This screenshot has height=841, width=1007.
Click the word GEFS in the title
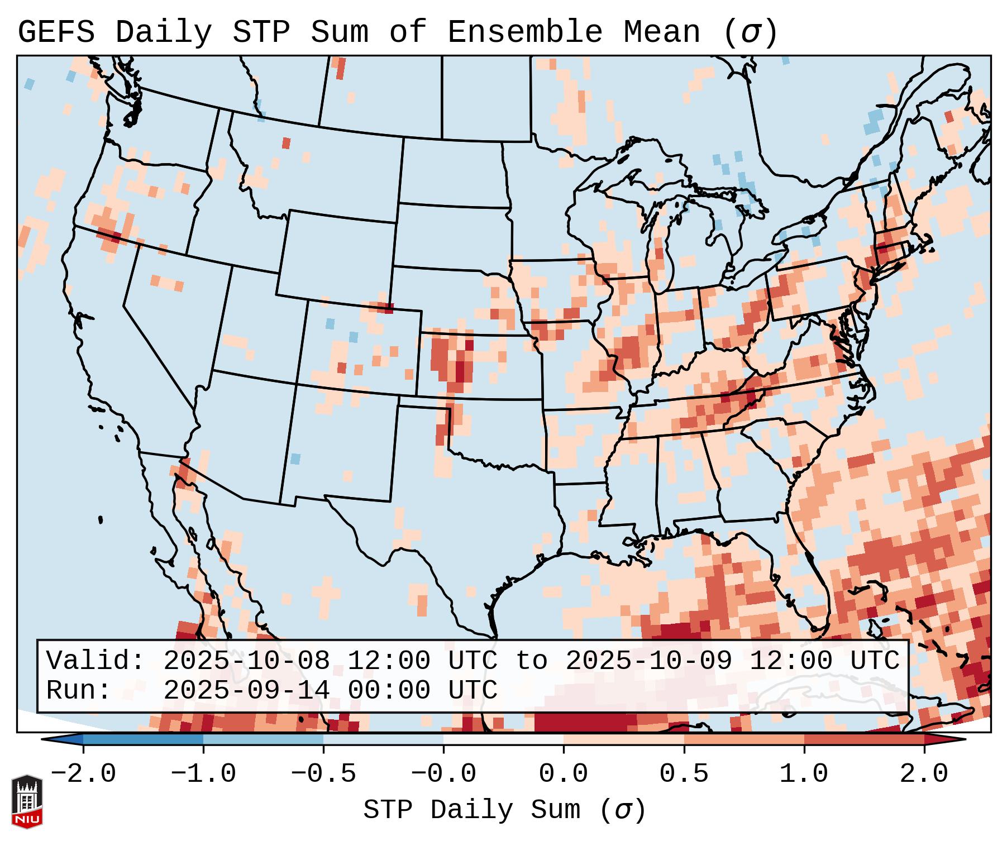pyautogui.click(x=56, y=32)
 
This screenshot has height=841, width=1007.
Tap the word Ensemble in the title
pyautogui.click(x=525, y=32)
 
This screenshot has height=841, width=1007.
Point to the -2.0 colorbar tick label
pyautogui.click(x=83, y=774)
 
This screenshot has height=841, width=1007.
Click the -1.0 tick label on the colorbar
pyautogui.click(x=203, y=774)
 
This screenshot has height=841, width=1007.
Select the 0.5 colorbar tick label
pyautogui.click(x=684, y=774)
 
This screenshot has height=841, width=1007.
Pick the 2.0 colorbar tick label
pyautogui.click(x=924, y=774)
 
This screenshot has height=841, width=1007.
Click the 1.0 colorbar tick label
pyautogui.click(x=804, y=774)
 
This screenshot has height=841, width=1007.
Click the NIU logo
pyautogui.click(x=27, y=801)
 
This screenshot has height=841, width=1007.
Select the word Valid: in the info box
pyautogui.click(x=95, y=661)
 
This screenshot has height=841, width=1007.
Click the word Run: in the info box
pyautogui.click(x=78, y=690)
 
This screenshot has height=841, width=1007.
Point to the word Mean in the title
pyautogui.click(x=662, y=32)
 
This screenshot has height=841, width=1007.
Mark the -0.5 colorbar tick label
pyautogui.click(x=323, y=774)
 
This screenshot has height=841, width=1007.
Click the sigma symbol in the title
pyautogui.click(x=750, y=32)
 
